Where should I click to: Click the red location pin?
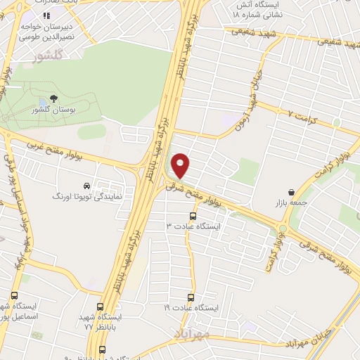pos(181,165)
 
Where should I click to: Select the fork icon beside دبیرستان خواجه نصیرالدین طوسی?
pos(46,15)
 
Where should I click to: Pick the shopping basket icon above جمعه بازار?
pos(291,192)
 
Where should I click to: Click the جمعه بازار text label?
pos(291,202)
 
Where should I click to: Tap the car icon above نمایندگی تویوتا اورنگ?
pos(86,186)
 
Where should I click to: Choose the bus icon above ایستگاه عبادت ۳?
pos(193,216)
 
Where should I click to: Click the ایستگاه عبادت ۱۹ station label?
pos(188,309)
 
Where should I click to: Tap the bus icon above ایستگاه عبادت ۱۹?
pos(188,298)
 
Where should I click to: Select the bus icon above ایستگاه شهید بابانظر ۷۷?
pos(101,307)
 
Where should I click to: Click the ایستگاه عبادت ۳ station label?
pos(193,226)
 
